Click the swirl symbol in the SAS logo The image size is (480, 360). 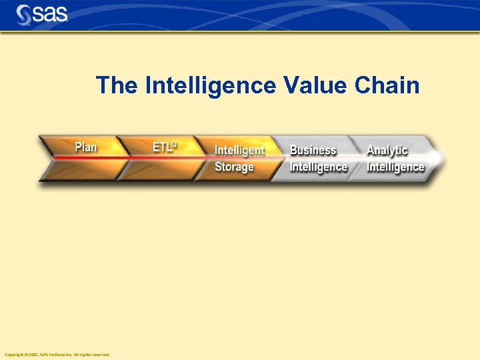[24, 14]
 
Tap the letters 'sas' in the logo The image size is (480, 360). [50, 14]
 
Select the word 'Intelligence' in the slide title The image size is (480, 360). [210, 85]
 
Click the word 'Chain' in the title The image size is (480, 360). [388, 85]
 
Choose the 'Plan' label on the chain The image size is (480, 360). [85, 147]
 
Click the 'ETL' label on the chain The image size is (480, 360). [162, 147]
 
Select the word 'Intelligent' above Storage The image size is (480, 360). [239, 151]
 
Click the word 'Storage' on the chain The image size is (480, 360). [234, 167]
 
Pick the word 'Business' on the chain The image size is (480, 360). [313, 151]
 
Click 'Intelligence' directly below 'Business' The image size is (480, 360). [319, 167]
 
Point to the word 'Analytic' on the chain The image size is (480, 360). [387, 151]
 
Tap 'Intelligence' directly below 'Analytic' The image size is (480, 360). [395, 167]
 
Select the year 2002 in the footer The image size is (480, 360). [31, 355]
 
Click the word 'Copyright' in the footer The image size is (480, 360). [13, 355]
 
